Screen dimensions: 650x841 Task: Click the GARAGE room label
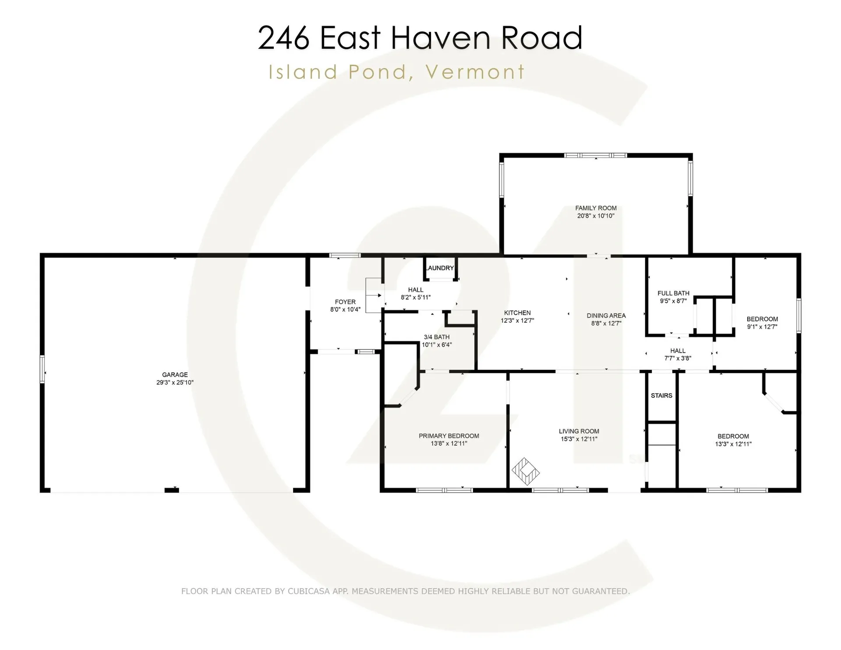click(x=175, y=374)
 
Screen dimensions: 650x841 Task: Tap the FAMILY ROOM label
click(x=596, y=208)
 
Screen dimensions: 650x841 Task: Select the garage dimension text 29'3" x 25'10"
click(x=175, y=382)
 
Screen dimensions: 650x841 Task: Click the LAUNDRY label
click(x=440, y=268)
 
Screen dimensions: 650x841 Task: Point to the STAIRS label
click(x=661, y=395)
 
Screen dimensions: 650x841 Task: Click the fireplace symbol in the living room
click(x=525, y=472)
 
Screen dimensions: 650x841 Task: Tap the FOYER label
click(x=345, y=302)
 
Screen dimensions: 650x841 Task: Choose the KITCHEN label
click(x=517, y=313)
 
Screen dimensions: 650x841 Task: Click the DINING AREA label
click(x=606, y=316)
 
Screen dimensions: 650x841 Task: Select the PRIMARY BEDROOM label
click(x=449, y=436)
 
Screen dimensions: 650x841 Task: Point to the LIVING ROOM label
click(x=579, y=431)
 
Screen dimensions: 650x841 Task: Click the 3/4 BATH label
click(x=436, y=337)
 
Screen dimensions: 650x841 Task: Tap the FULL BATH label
click(x=673, y=293)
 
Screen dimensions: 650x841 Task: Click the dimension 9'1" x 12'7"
click(x=762, y=327)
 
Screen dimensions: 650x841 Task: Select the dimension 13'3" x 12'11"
click(x=733, y=444)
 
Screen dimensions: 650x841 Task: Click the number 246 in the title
click(x=283, y=38)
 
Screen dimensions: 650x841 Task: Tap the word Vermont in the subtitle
click(x=475, y=72)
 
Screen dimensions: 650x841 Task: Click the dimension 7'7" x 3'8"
click(x=678, y=359)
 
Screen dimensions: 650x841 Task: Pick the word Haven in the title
click(x=440, y=38)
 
